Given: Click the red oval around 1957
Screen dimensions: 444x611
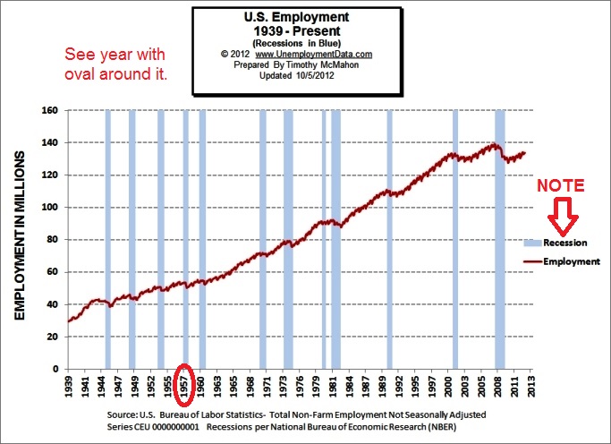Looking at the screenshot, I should (x=184, y=384).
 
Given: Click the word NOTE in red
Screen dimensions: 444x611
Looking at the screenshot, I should (x=561, y=186).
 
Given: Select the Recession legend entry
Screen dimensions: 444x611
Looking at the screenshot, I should (x=564, y=243).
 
